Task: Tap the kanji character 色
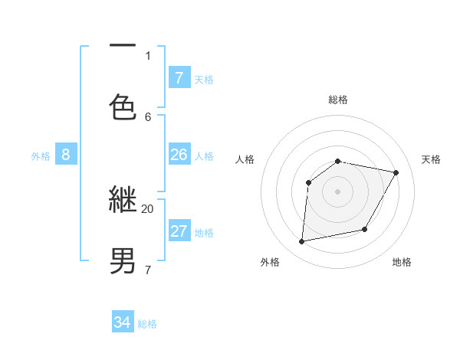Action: (x=123, y=107)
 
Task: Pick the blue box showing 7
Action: (x=179, y=77)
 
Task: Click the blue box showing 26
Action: (x=179, y=155)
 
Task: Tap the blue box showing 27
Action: (x=179, y=231)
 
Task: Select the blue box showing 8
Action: (x=66, y=155)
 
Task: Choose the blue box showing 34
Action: (x=123, y=322)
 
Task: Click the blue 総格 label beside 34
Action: (x=147, y=324)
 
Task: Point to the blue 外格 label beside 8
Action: (x=41, y=156)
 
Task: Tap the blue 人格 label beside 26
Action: (x=204, y=156)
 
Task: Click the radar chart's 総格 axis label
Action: (x=338, y=100)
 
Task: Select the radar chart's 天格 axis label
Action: (x=432, y=159)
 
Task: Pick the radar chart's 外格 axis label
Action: (x=270, y=262)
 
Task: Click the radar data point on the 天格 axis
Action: (x=396, y=173)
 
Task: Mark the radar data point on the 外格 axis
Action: (x=302, y=242)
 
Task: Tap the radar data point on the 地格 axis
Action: (x=365, y=230)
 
